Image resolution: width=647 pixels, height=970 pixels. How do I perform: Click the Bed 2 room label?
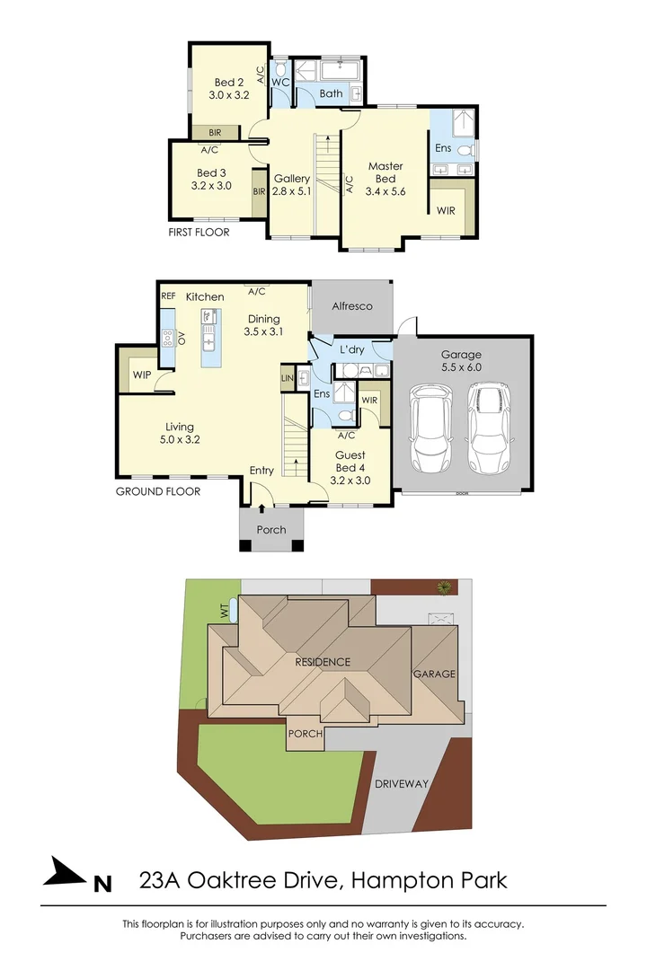pos(228,89)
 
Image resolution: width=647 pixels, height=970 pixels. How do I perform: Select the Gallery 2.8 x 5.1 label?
pos(292,184)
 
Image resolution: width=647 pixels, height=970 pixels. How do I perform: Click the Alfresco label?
pos(351,306)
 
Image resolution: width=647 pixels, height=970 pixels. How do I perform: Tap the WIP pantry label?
pos(141,375)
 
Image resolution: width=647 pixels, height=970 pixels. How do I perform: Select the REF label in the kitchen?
pos(168,295)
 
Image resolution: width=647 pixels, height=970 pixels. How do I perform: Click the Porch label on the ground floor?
pos(271,530)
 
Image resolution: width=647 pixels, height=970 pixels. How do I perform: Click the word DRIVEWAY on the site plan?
pos(402,783)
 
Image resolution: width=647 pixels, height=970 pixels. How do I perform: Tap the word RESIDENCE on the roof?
pos(323,662)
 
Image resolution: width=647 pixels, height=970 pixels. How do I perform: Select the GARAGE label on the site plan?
pos(434,674)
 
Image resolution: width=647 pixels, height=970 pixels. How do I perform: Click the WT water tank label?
pos(224,610)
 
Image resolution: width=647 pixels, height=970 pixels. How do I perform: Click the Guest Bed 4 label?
pos(350,462)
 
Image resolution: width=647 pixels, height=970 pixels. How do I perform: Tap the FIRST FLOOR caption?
pos(199,233)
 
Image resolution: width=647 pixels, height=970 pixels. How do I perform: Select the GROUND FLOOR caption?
pos(158,491)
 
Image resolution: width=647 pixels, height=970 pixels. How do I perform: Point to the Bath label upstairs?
pos(331,93)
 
